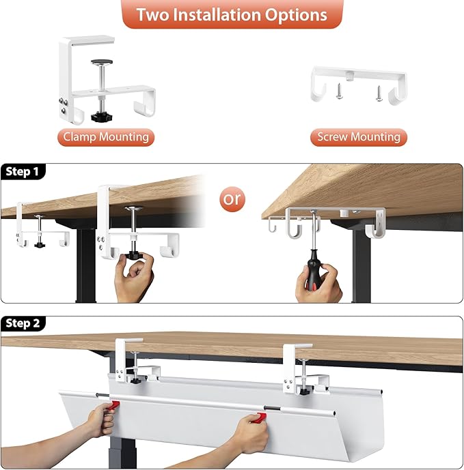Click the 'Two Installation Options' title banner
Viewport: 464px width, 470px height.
232,14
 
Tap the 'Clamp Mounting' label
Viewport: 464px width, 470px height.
106,137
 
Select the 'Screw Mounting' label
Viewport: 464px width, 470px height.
358,137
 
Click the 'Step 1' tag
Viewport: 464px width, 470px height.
23,172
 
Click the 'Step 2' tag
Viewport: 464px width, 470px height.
23,323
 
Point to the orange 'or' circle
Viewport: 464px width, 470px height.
232,199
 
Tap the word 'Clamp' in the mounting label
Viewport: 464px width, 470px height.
79,137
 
